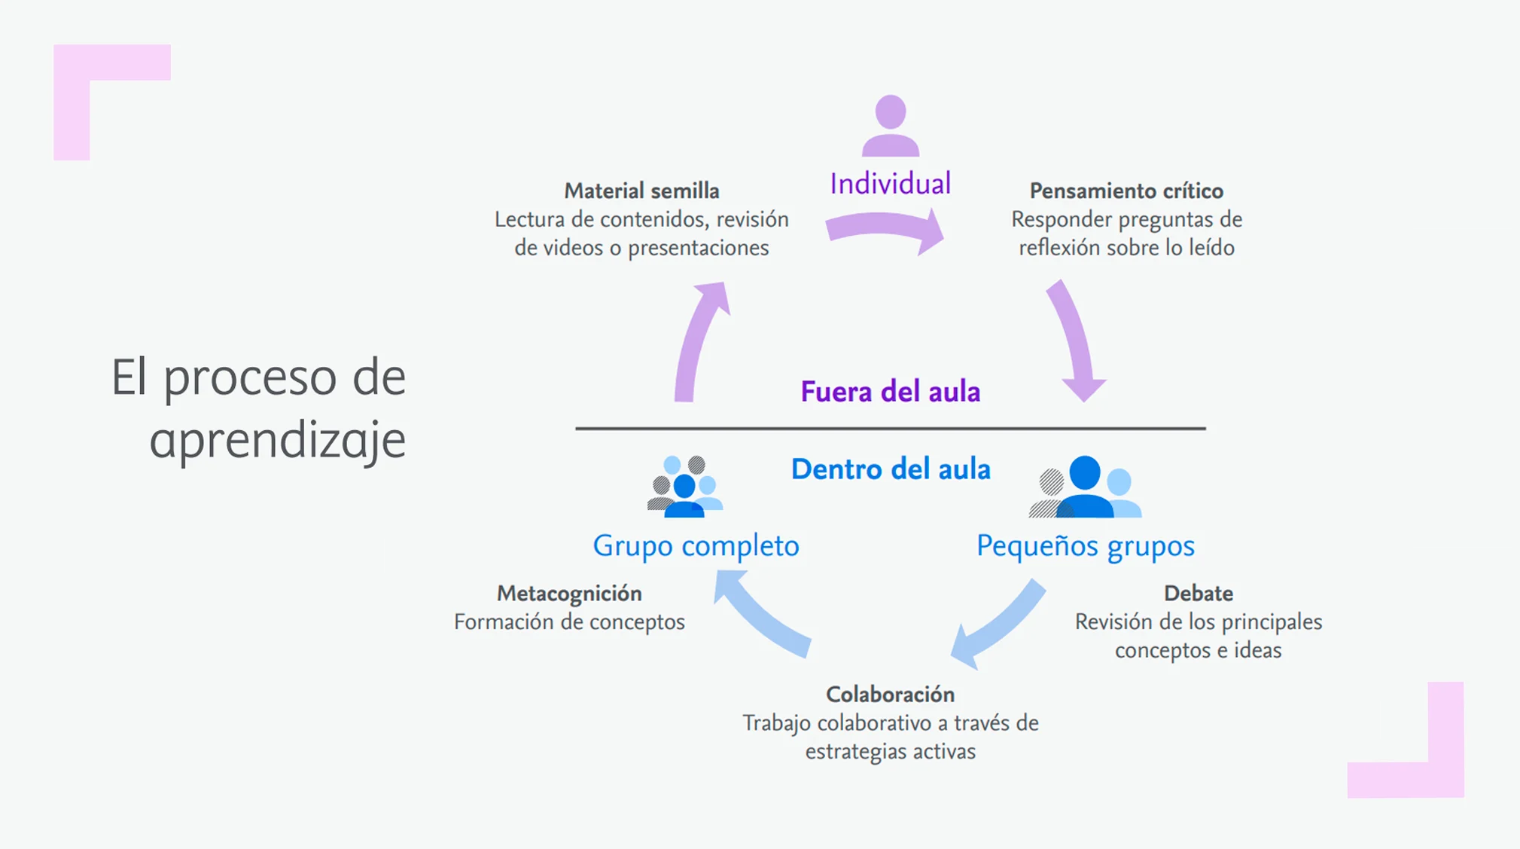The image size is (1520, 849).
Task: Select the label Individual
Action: pyautogui.click(x=890, y=184)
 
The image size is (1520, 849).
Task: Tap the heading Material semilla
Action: pyautogui.click(x=641, y=191)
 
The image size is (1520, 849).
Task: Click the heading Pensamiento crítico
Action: pyautogui.click(x=1126, y=191)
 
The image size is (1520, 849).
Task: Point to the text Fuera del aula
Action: pyautogui.click(x=890, y=392)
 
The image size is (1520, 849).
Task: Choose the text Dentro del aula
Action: pyautogui.click(x=890, y=469)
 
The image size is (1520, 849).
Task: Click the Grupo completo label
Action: pyautogui.click(x=696, y=545)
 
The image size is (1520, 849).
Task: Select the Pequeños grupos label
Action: pyautogui.click(x=1085, y=545)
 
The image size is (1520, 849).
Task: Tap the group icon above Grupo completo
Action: pyautogui.click(x=684, y=487)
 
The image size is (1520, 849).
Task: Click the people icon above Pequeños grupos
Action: pyautogui.click(x=1085, y=487)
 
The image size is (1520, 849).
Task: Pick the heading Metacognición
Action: pyautogui.click(x=569, y=594)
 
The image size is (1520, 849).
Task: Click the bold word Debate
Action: pyautogui.click(x=1198, y=594)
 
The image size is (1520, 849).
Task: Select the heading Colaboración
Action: pyautogui.click(x=890, y=694)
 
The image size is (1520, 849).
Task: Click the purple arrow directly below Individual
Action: pyautogui.click(x=885, y=229)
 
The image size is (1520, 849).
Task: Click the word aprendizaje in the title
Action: pyautogui.click(x=278, y=439)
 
